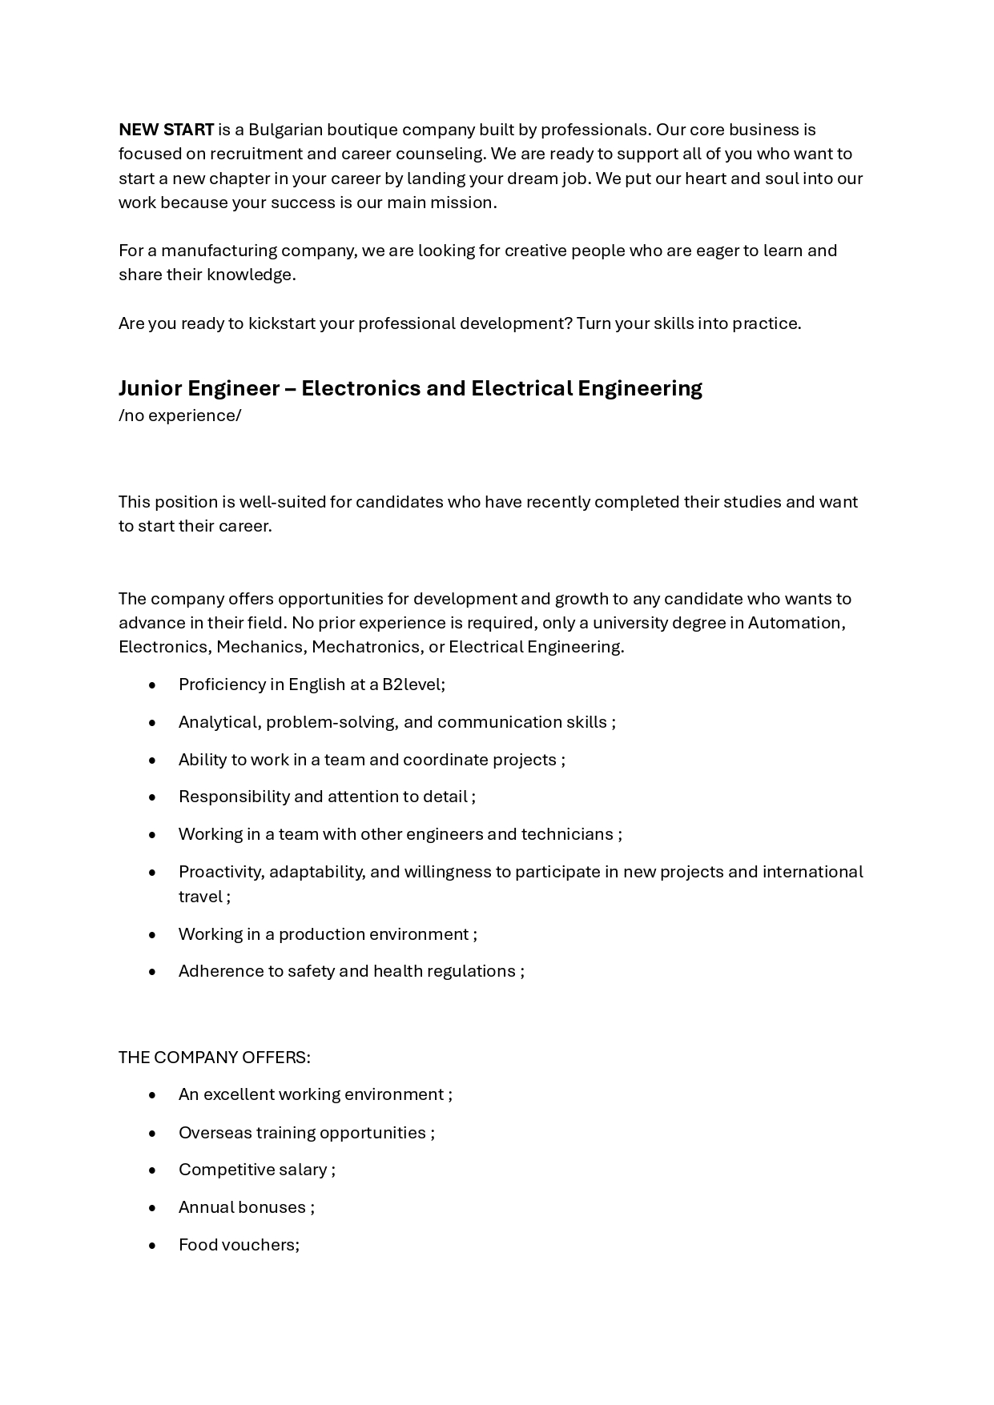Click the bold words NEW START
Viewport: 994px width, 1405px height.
point(166,130)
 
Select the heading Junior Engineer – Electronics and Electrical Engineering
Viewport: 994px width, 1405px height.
point(410,388)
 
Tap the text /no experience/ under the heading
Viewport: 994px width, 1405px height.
point(179,415)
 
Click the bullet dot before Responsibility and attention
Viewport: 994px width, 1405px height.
point(152,797)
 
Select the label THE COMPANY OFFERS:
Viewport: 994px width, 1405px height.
point(214,1058)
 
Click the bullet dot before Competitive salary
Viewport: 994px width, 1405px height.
point(152,1170)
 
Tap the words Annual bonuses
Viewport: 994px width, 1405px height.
point(242,1207)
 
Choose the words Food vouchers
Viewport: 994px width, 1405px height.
point(238,1245)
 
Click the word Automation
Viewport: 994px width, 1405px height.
point(795,623)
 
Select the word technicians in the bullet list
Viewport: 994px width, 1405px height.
point(567,834)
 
